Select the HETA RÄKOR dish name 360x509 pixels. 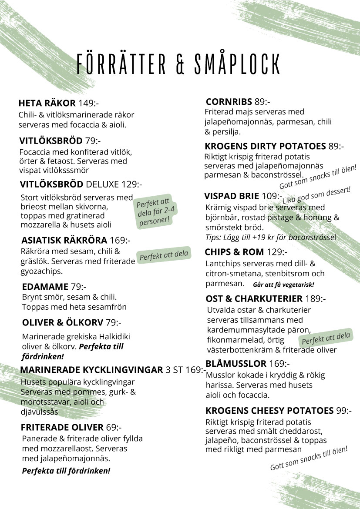click(47, 104)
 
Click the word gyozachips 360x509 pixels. click(42, 271)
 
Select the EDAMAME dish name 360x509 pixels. click(45, 287)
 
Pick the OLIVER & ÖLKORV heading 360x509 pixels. click(63, 322)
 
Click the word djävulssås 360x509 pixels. click(40, 412)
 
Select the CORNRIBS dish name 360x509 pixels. click(229, 102)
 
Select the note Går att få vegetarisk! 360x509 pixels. click(283, 285)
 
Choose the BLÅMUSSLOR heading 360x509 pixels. click(236, 364)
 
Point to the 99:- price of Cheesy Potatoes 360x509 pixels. click(344, 411)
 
